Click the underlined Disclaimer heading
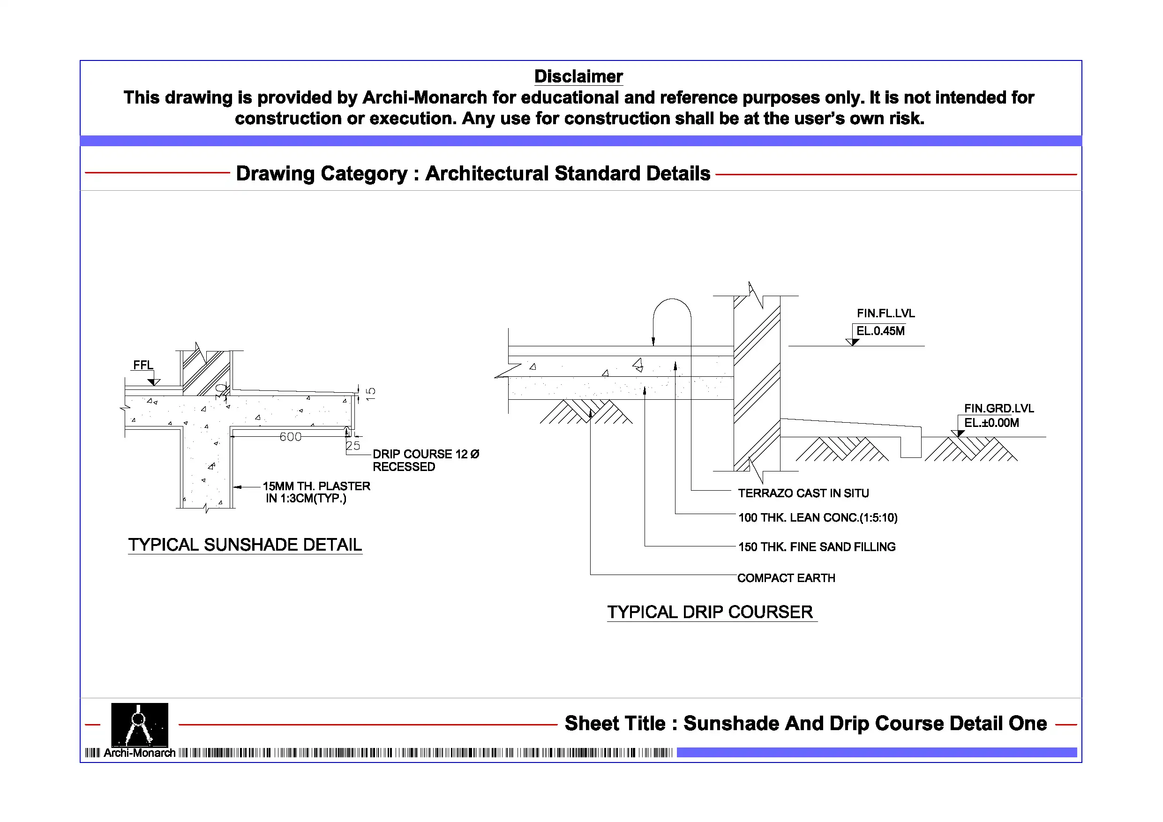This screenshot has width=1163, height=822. [x=578, y=76]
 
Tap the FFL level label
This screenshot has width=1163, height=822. [x=143, y=365]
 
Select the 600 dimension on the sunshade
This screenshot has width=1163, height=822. [x=290, y=437]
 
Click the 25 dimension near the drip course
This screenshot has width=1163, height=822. [x=353, y=446]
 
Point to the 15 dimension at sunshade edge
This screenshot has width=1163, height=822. [x=371, y=394]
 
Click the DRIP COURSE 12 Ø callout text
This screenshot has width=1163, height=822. [x=426, y=454]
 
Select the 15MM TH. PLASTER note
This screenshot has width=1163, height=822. [x=316, y=486]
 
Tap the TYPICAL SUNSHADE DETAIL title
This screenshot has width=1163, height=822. [x=245, y=545]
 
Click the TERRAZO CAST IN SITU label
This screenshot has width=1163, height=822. [x=803, y=493]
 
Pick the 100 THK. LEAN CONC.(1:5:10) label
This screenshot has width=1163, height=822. [x=818, y=517]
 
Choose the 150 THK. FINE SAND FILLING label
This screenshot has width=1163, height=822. [x=817, y=547]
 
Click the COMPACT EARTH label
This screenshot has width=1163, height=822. [x=786, y=578]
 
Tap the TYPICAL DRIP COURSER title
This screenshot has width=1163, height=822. [x=710, y=613]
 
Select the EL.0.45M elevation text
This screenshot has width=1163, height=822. [x=880, y=331]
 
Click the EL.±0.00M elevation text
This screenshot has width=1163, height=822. [x=991, y=423]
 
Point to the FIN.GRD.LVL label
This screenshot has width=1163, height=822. [x=998, y=408]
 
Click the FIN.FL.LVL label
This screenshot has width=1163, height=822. [x=885, y=314]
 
